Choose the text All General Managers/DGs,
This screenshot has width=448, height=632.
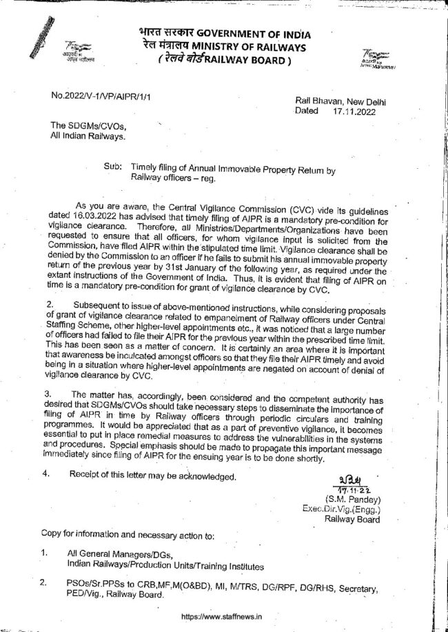(x=118, y=554)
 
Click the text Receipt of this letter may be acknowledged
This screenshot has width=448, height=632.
(x=154, y=476)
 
